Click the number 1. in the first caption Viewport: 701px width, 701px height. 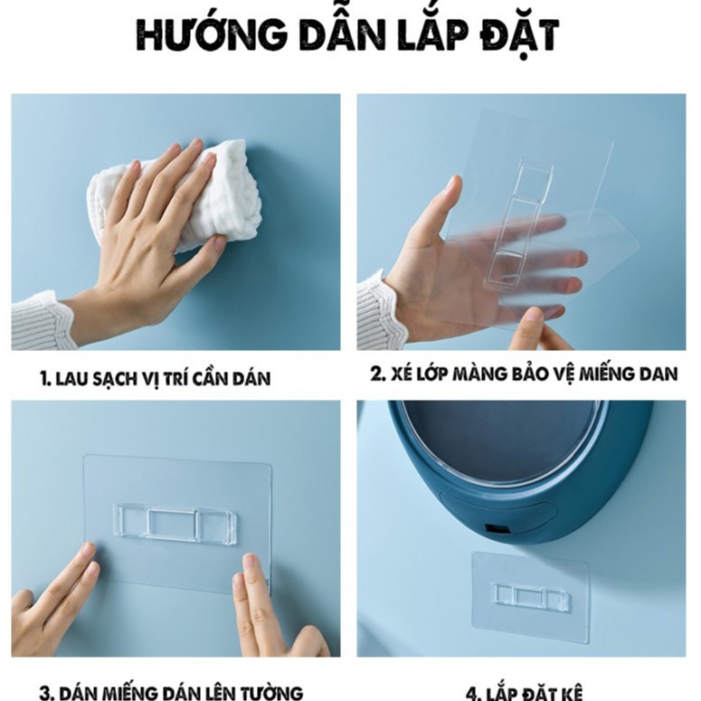point(45,379)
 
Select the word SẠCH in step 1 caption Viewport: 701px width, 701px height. point(126,379)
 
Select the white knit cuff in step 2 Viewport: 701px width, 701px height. point(380,312)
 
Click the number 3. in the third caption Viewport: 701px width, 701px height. point(47,692)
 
